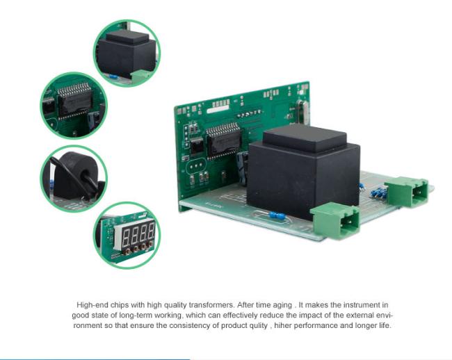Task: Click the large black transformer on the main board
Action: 302,172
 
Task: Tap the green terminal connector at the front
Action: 335,220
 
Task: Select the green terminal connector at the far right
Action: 407,192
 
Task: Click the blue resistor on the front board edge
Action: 276,215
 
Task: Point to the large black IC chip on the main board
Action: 224,141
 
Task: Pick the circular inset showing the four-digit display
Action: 127,235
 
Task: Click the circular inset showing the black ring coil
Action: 74,179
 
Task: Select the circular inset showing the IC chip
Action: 74,106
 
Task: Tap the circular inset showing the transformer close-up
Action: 127,53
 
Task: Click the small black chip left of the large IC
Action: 197,145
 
